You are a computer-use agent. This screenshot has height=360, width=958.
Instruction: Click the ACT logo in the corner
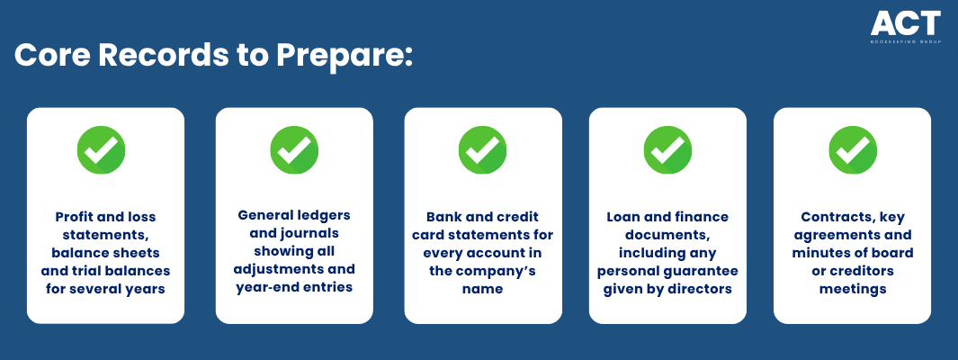(x=906, y=28)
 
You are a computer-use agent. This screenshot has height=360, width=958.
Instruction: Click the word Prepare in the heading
(x=344, y=56)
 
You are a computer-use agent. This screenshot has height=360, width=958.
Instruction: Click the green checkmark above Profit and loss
(x=101, y=149)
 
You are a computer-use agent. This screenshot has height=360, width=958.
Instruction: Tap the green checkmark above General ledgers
(x=294, y=149)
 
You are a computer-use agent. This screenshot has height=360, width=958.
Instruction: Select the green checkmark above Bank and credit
(x=483, y=149)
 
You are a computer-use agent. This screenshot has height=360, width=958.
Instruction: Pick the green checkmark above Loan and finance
(x=667, y=149)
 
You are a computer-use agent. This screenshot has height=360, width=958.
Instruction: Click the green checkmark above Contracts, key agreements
(x=852, y=149)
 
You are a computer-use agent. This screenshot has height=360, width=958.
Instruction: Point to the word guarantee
(x=708, y=272)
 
